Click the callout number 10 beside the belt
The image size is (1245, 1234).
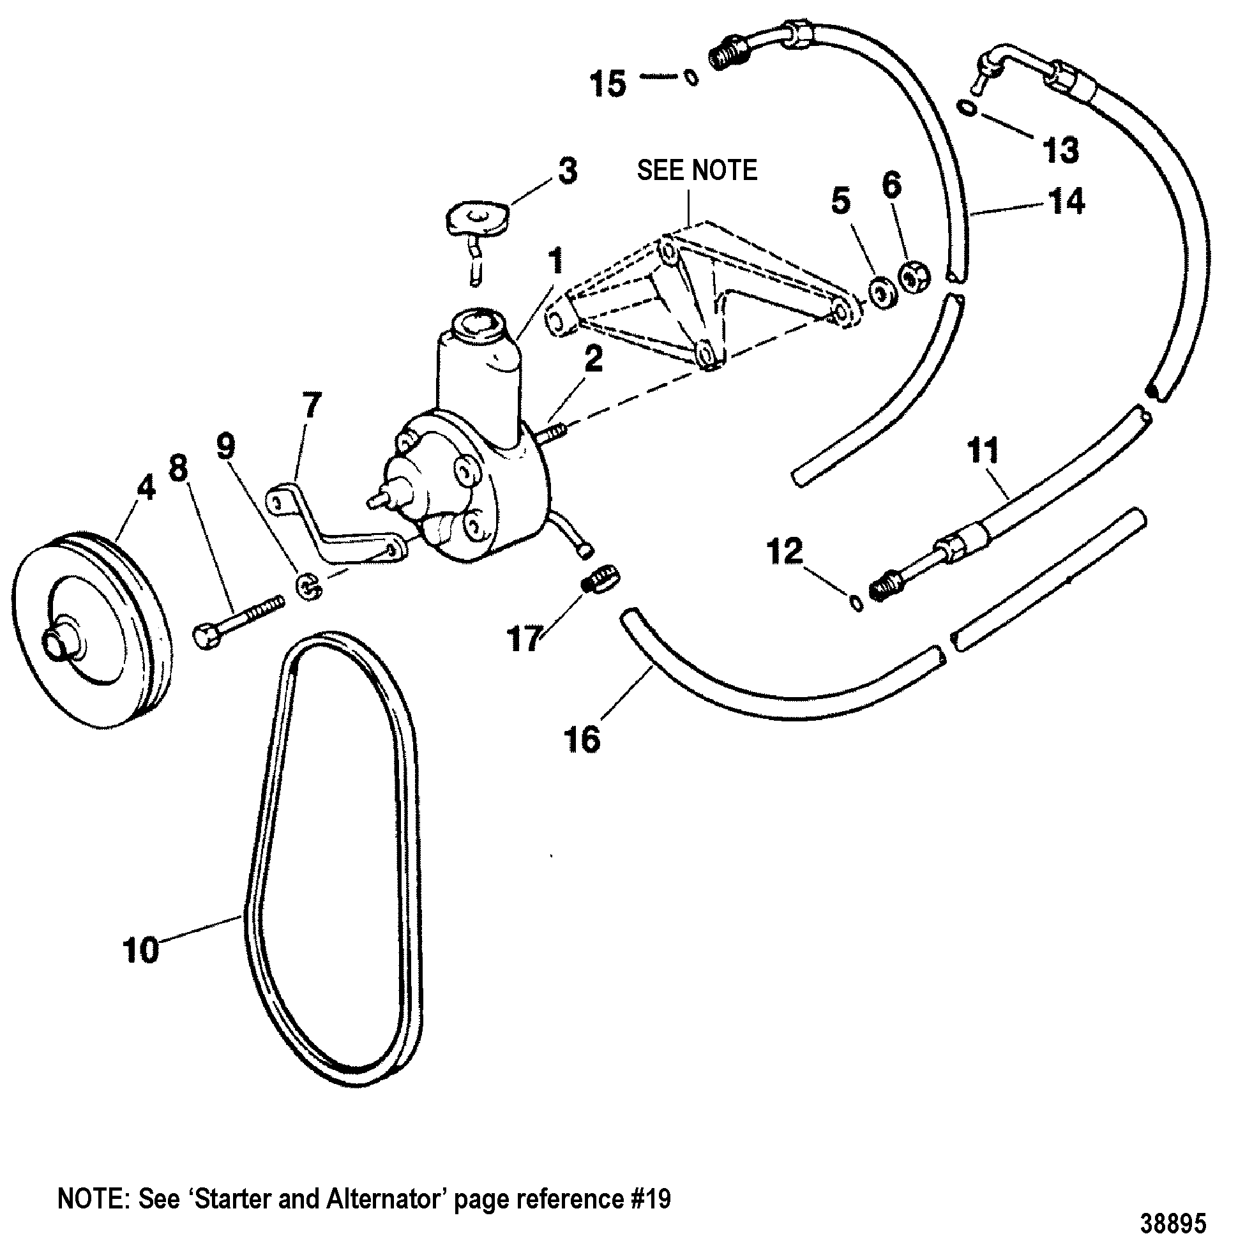tap(140, 951)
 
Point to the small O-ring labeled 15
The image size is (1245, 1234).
tap(690, 77)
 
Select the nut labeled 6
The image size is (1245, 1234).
tap(914, 278)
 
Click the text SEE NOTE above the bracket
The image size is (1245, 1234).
tap(697, 170)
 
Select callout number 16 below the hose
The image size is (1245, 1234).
tap(582, 739)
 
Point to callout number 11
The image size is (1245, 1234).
tap(983, 451)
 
